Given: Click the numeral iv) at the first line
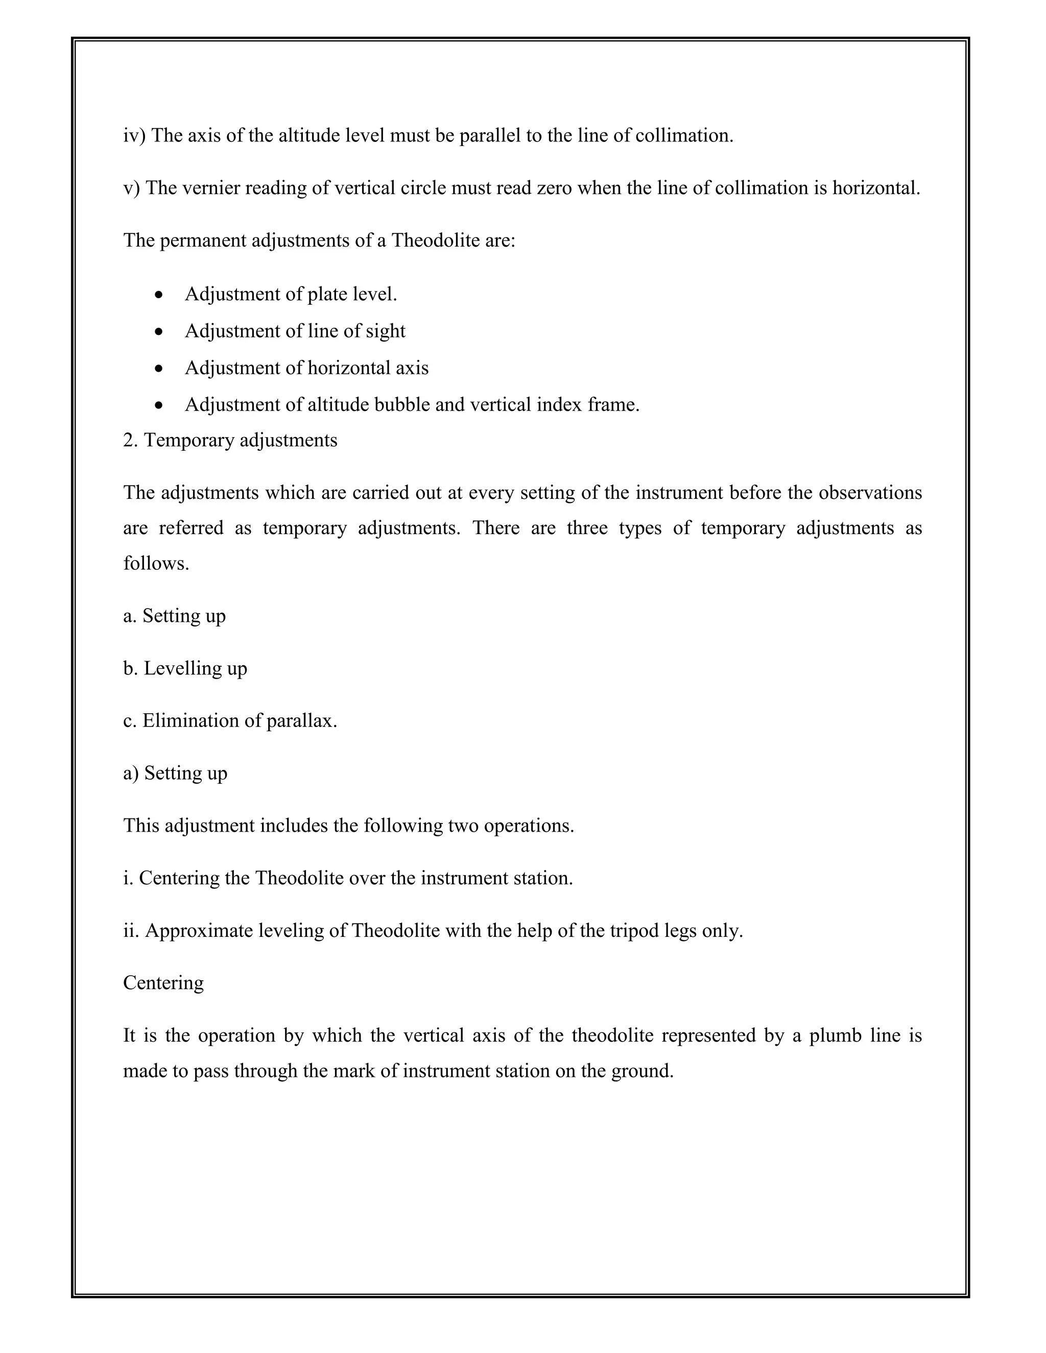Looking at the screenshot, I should click(x=134, y=136).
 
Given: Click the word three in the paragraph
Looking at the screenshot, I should click(x=586, y=528).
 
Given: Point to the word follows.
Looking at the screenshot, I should click(x=156, y=564).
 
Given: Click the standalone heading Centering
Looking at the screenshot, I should click(x=163, y=984).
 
